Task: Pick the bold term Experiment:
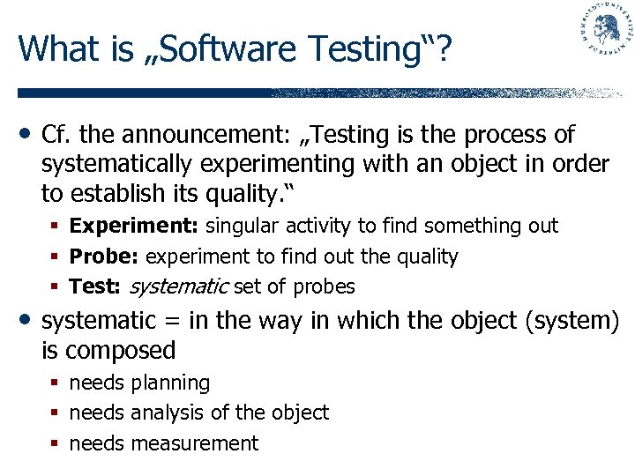coord(134,227)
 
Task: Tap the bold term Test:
coord(96,287)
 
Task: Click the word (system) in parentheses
coord(571,321)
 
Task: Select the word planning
coord(170,383)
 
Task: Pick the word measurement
coord(194,443)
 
